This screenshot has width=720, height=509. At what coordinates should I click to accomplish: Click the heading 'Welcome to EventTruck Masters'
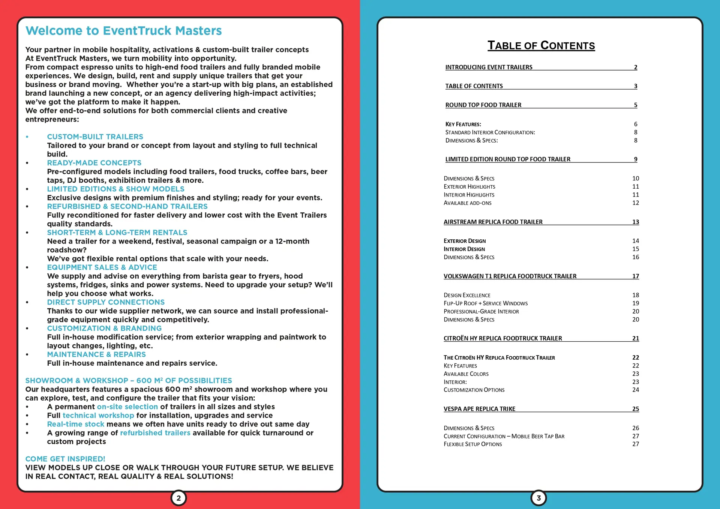pos(123,31)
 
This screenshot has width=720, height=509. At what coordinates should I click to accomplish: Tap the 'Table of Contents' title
pos(541,46)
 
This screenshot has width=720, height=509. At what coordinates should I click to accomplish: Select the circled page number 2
pos(178,498)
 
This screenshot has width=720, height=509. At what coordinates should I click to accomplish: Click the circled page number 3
pos(538,498)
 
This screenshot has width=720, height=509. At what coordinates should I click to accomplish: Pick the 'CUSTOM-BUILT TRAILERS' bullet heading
pos(95,137)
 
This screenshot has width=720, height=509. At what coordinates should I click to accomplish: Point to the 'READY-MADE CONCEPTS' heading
pos(94,163)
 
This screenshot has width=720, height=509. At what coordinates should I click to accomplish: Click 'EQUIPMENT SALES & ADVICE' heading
pos(102,267)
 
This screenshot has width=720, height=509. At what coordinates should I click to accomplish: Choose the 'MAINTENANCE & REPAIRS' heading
pos(96,354)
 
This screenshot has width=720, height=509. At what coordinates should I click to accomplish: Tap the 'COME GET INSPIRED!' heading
pos(65,459)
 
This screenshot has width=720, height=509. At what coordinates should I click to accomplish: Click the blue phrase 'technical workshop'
pos(98,416)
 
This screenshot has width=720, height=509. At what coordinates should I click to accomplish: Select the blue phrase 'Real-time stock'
pos(75,424)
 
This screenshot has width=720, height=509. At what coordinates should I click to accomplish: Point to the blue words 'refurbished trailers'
pos(155,433)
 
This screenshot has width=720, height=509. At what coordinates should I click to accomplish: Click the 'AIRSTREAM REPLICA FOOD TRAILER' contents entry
pos(493,222)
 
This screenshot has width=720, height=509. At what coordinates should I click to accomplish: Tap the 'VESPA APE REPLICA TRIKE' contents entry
pos(479,409)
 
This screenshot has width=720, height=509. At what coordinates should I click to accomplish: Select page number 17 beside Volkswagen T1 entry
pos(635,276)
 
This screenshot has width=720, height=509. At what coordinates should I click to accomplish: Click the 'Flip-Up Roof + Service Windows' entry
pos(485,303)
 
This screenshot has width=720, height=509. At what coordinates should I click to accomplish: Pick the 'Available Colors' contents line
pos(466,374)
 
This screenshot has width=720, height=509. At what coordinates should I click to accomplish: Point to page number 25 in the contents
pos(635,409)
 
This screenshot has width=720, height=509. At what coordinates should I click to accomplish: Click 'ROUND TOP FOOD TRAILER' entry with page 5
pos(483,105)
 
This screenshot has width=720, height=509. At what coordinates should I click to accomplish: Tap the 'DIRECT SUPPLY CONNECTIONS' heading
pos(106,302)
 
